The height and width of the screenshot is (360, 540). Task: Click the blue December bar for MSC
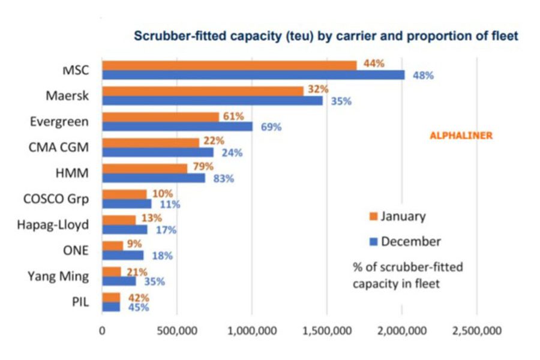tap(253, 75)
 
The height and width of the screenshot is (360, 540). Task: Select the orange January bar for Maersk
tap(203, 91)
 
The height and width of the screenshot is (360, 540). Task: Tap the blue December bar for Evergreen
tap(178, 127)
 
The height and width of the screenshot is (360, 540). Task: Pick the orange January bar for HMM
tap(145, 169)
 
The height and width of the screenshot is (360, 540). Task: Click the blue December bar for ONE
tap(123, 255)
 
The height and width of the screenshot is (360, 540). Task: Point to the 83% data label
tap(224, 178)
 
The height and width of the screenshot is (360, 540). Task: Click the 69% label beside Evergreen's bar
tap(271, 127)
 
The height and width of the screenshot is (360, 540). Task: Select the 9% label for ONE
tap(134, 244)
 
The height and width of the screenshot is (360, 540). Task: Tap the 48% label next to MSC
tap(423, 76)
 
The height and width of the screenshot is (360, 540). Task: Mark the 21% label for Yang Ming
tap(137, 272)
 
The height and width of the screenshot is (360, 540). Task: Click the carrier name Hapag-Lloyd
tap(53, 225)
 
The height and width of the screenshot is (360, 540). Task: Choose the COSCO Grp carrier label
tap(56, 199)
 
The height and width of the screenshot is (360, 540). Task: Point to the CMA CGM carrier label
tap(59, 148)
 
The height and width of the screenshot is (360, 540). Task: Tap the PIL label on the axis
tap(80, 302)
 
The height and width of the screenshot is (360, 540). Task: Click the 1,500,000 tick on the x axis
tap(327, 331)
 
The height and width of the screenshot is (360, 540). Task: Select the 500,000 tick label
tap(177, 331)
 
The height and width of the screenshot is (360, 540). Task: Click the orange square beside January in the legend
tap(373, 217)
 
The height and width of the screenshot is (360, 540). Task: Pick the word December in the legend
tap(411, 241)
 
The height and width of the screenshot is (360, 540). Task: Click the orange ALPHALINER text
tap(461, 136)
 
